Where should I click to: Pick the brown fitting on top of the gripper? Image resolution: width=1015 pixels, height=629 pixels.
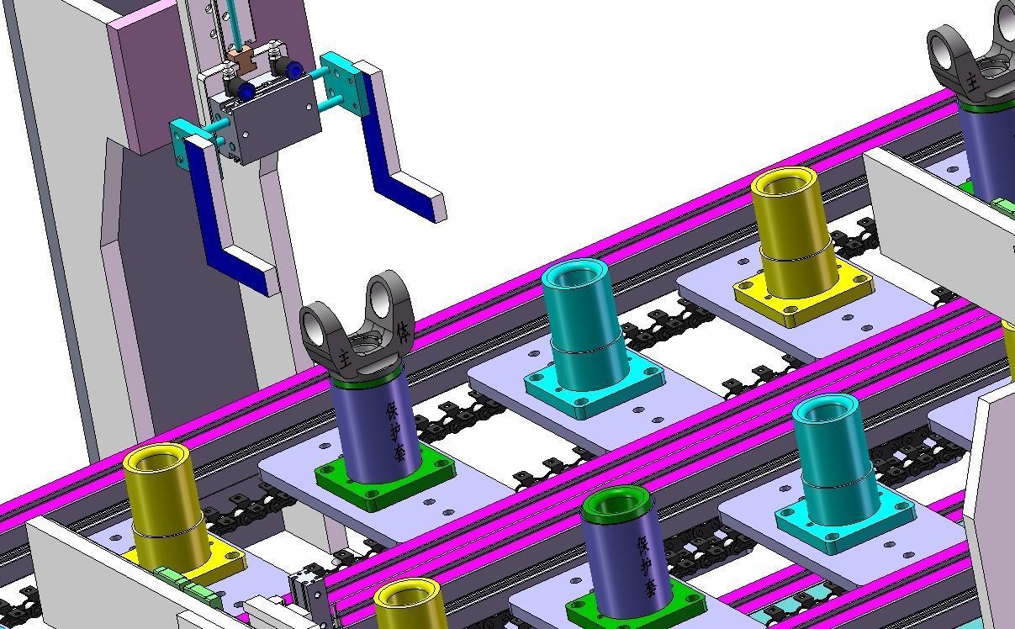click(241, 61)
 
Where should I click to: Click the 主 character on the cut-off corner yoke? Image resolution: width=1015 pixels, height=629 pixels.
click(971, 82)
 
